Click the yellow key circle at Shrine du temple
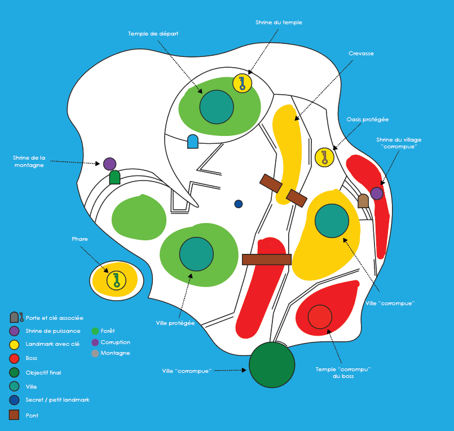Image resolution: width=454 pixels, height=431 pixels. coord(242,83)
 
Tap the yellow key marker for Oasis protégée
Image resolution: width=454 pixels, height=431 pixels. coord(324,157)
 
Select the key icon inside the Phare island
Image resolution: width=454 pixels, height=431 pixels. coord(116,280)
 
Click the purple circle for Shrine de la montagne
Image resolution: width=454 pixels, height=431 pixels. coord(110,164)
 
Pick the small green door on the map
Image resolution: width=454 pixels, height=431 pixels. coord(114,178)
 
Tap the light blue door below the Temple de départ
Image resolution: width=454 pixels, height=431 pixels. coord(193,142)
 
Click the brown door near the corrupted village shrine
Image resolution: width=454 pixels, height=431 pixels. coord(363,201)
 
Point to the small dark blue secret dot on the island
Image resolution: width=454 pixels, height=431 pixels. coord(239,204)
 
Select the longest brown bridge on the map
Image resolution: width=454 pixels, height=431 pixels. coord(266,260)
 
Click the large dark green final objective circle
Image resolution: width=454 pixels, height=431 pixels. coord(272,364)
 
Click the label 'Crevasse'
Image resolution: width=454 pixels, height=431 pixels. coord(361,54)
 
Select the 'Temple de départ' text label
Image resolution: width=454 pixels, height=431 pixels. coord(153,34)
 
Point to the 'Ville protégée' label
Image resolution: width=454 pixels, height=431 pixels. coord(175,323)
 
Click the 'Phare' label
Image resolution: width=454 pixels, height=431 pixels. coord(80,239)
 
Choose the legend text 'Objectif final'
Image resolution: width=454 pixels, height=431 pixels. coord(43,373)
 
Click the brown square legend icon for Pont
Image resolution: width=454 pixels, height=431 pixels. coord(14,415)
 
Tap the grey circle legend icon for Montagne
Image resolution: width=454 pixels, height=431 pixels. coord(95,354)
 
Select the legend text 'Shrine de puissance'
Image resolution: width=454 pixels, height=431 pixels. coord(53,331)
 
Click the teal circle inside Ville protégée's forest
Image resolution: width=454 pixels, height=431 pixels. coord(196,254)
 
